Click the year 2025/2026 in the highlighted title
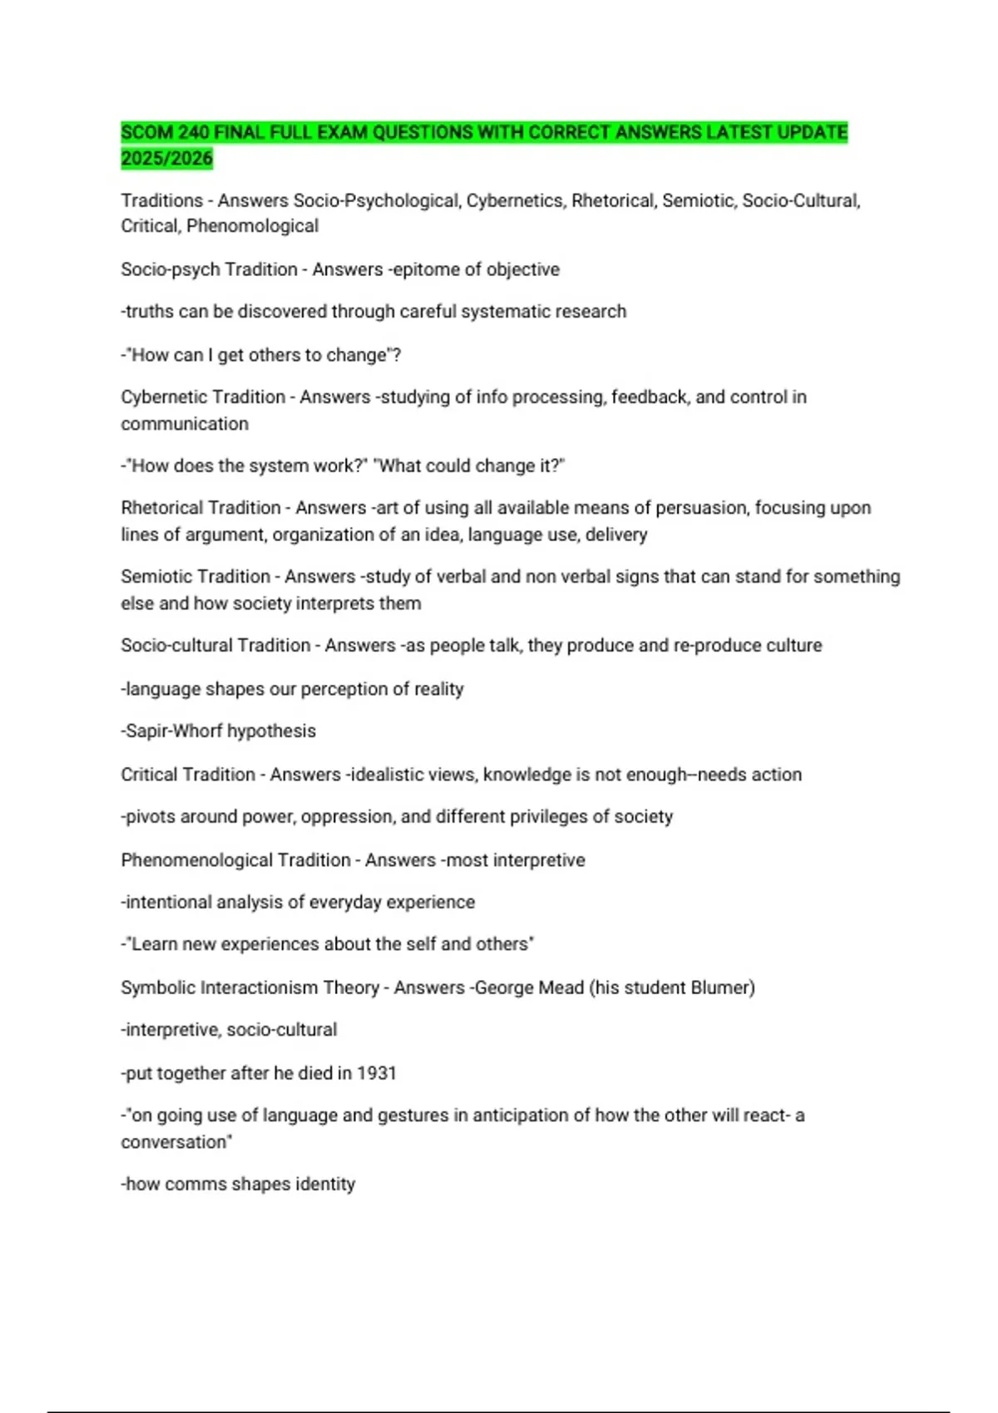click(166, 158)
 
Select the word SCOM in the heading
click(146, 132)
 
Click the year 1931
click(377, 1073)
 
